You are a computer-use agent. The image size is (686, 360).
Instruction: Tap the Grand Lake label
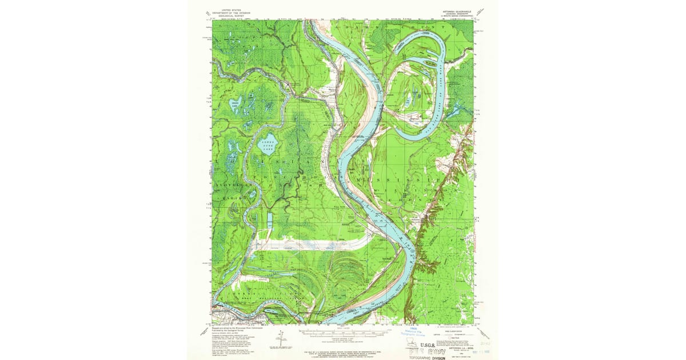[x=234, y=104]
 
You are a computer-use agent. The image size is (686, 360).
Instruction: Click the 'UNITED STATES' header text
[x=236, y=7]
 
